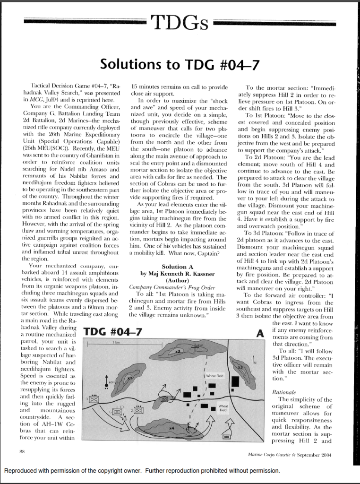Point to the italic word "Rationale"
click(x=283, y=392)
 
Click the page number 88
click(x=22, y=452)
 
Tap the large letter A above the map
click(x=259, y=333)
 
